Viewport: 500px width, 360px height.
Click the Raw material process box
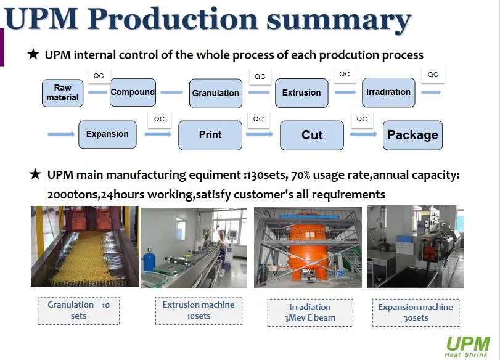click(x=62, y=93)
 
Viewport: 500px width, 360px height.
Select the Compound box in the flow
click(x=133, y=92)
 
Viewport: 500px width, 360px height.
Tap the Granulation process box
click(x=216, y=93)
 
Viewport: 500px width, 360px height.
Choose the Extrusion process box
click(x=301, y=93)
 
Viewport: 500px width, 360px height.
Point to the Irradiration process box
click(x=388, y=92)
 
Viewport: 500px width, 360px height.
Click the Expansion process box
click(x=107, y=134)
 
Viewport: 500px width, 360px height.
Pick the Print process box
click(x=210, y=135)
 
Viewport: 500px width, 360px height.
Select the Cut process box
click(x=312, y=135)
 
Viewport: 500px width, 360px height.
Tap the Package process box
click(x=412, y=135)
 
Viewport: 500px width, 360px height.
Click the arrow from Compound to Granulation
click(x=172, y=92)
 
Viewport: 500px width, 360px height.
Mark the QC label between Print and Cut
click(x=258, y=119)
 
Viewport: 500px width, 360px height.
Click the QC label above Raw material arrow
click(x=99, y=76)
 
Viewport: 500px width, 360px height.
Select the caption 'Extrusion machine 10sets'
click(x=199, y=311)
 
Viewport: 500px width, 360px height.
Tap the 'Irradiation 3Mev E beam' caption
click(x=310, y=313)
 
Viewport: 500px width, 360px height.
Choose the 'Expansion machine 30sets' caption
click(x=416, y=313)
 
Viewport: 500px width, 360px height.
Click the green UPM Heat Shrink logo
click(x=467, y=346)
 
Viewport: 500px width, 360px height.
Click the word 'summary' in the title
click(x=338, y=20)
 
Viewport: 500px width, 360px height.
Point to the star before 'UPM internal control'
click(x=33, y=54)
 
